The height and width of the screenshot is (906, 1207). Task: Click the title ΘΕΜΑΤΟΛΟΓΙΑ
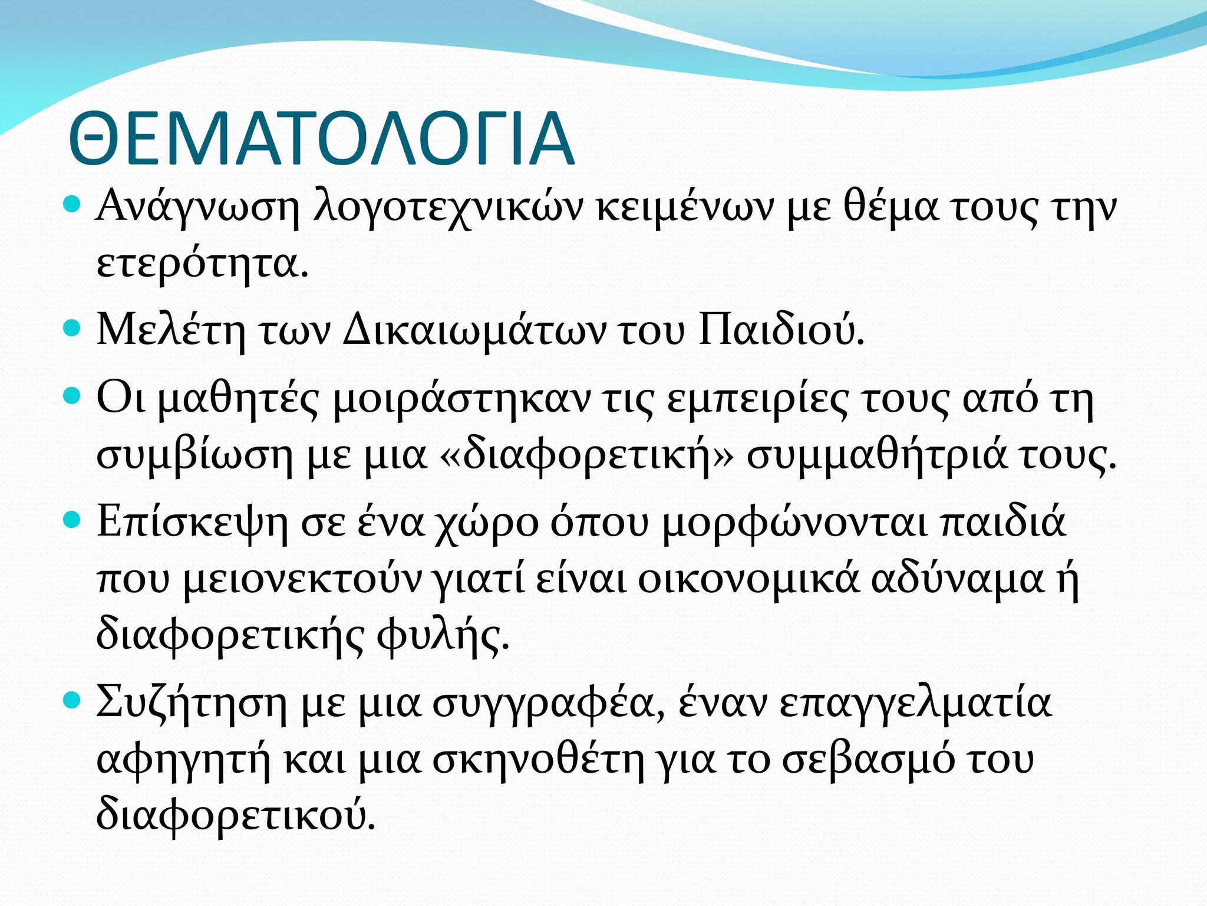[321, 139]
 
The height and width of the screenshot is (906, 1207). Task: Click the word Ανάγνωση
[198, 208]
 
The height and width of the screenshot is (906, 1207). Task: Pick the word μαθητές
[239, 400]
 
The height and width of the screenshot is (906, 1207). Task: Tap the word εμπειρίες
[759, 400]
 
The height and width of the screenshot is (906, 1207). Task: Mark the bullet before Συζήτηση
[71, 701]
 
